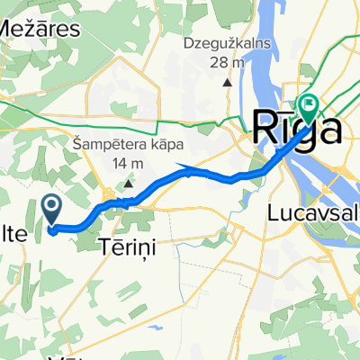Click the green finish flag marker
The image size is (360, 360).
(x=309, y=109)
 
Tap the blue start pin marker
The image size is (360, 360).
(x=52, y=211)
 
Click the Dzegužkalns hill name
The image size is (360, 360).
(x=227, y=41)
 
